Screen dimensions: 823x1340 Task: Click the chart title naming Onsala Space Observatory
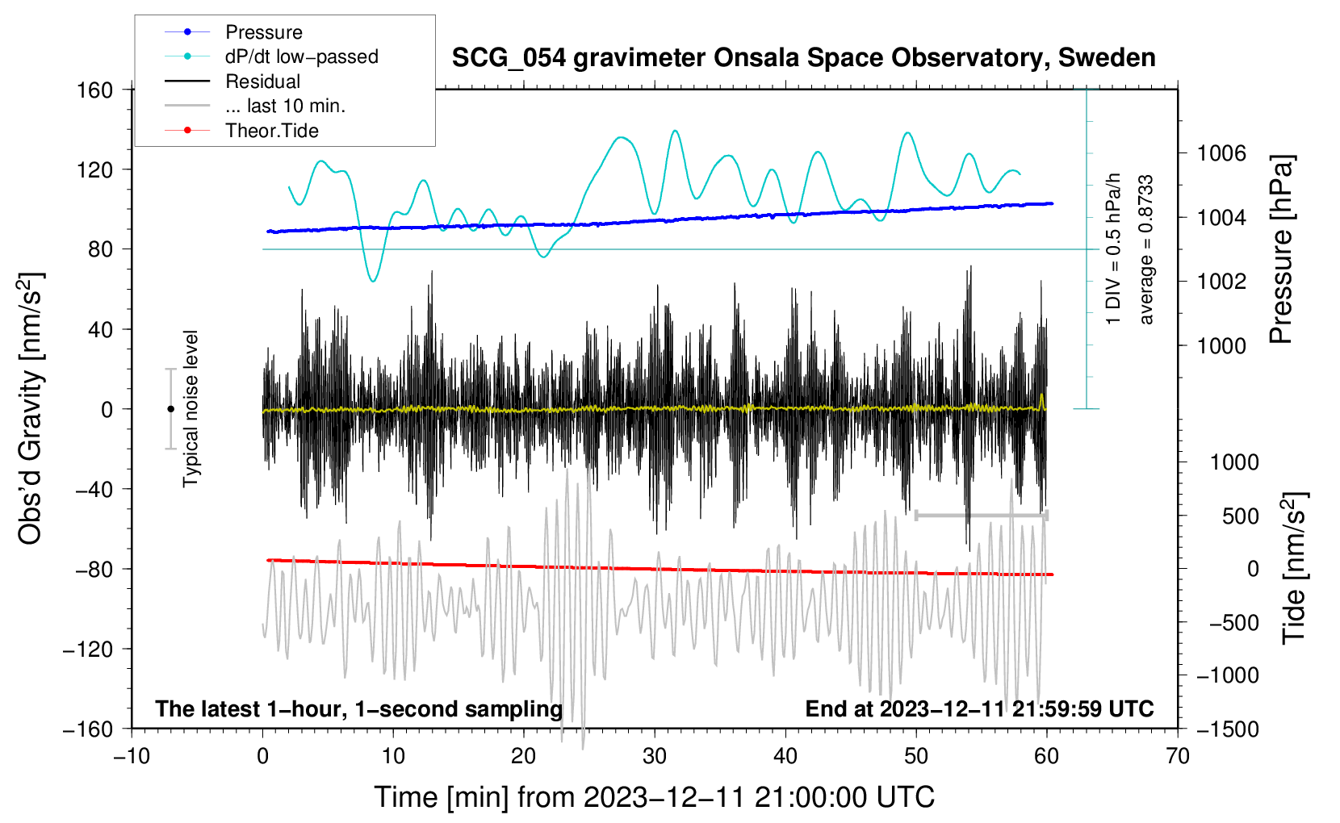(x=803, y=58)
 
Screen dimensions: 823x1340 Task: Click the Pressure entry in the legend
(x=263, y=32)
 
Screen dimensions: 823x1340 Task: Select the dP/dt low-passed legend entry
(x=301, y=56)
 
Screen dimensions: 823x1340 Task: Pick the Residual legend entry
(x=262, y=81)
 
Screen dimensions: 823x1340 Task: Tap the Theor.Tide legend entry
(x=271, y=131)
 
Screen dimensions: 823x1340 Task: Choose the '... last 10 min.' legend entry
(x=285, y=106)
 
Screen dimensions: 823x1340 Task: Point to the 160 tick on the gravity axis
(x=95, y=90)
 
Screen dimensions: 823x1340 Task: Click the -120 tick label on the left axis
(x=88, y=649)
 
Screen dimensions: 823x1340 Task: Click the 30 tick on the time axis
(x=655, y=756)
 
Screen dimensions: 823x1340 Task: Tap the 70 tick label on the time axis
(x=1178, y=756)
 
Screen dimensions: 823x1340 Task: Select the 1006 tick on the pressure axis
(x=1221, y=153)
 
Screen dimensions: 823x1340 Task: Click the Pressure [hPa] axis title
(x=1281, y=250)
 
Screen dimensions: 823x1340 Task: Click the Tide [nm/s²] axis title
(x=1294, y=568)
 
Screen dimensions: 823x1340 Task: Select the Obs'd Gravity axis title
(x=31, y=408)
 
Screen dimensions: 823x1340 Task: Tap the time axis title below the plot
(x=655, y=797)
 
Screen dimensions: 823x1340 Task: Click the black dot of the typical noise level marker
(x=170, y=409)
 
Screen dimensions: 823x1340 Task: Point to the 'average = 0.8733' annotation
(x=1146, y=250)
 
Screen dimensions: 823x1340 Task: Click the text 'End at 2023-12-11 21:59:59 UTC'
(x=979, y=709)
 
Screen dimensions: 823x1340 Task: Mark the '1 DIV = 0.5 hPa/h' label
(x=1114, y=249)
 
